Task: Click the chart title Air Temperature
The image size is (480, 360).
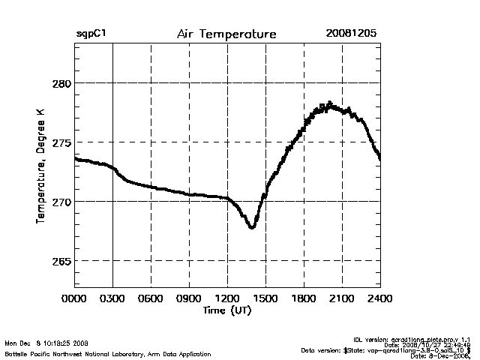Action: pyautogui.click(x=226, y=34)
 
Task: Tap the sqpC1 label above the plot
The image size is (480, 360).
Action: pyautogui.click(x=91, y=34)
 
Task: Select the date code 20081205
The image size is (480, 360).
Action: pyautogui.click(x=351, y=34)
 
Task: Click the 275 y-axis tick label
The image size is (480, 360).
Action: pyautogui.click(x=60, y=142)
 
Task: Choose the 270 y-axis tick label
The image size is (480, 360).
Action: pyautogui.click(x=60, y=202)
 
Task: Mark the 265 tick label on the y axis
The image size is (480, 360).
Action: pyautogui.click(x=60, y=261)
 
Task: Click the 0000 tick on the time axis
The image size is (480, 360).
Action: pyautogui.click(x=74, y=299)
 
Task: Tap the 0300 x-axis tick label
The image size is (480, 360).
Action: pyautogui.click(x=112, y=299)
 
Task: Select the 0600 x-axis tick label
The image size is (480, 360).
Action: pyautogui.click(x=151, y=299)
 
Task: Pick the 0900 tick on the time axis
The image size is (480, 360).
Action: pyautogui.click(x=189, y=299)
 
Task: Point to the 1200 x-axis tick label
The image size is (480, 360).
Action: pyautogui.click(x=227, y=299)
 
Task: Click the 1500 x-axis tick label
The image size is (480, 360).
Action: pyautogui.click(x=265, y=299)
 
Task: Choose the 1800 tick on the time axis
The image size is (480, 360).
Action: pyautogui.click(x=304, y=299)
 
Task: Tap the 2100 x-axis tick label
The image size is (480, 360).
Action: pyautogui.click(x=342, y=299)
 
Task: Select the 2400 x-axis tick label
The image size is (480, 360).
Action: pyautogui.click(x=380, y=299)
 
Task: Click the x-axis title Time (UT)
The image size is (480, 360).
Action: pyautogui.click(x=226, y=310)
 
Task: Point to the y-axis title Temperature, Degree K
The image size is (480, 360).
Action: pyautogui.click(x=40, y=166)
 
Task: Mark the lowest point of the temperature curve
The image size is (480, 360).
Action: pyautogui.click(x=252, y=226)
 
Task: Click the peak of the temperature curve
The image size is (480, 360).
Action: pyautogui.click(x=329, y=103)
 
